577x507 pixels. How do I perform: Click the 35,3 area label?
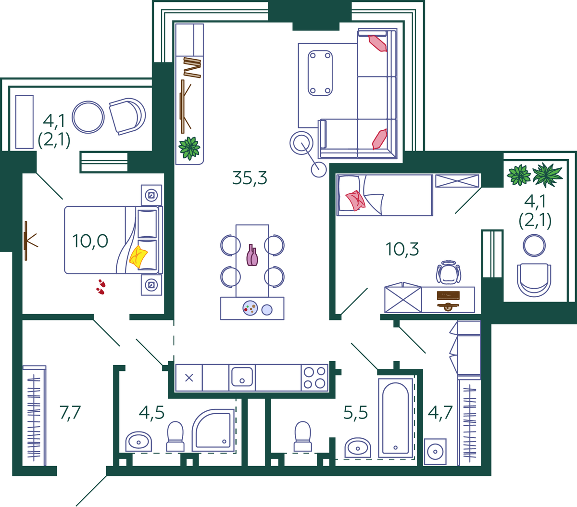tap(250, 178)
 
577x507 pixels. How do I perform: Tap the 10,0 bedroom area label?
tap(90, 241)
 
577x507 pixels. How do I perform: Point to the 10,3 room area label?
tap(402, 249)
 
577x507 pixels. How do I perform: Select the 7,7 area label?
tap(70, 413)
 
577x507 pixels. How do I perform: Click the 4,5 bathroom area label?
tap(151, 412)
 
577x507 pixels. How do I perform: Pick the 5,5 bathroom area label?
tap(355, 412)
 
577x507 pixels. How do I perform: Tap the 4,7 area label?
tap(440, 412)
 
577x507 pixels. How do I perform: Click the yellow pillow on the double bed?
tap(138, 256)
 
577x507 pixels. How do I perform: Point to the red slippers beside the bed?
tap(101, 287)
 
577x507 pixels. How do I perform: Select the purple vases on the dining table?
tap(252, 255)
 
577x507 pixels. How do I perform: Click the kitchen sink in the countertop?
tap(242, 377)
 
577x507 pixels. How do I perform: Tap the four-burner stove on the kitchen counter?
tap(314, 378)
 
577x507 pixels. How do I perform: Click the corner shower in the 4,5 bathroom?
tap(213, 431)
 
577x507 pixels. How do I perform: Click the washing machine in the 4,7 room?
tap(435, 451)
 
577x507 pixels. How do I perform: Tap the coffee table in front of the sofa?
tap(320, 73)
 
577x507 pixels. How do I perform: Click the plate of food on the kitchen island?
tap(250, 308)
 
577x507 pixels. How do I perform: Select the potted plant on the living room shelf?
tap(189, 148)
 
